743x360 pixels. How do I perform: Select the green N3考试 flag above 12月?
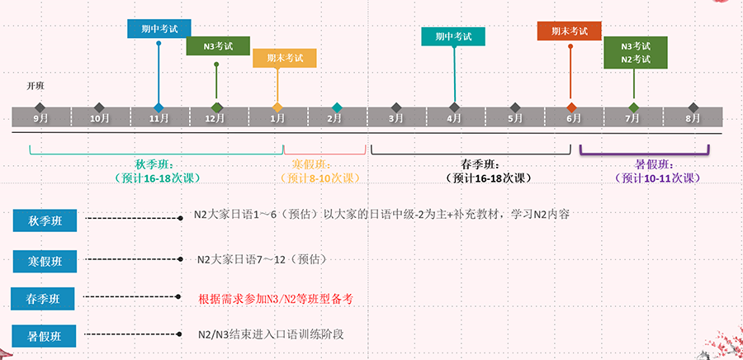pyautogui.click(x=217, y=46)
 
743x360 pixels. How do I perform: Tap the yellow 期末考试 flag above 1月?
pyautogui.click(x=284, y=59)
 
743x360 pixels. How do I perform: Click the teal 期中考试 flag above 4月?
pyautogui.click(x=453, y=36)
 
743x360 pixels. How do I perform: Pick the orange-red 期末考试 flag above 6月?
pyautogui.click(x=570, y=31)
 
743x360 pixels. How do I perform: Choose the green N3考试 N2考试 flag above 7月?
pyautogui.click(x=636, y=52)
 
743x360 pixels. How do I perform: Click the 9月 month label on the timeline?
pyautogui.click(x=40, y=119)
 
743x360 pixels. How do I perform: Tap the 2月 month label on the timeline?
pyautogui.click(x=334, y=119)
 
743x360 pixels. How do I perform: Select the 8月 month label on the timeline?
pyautogui.click(x=693, y=119)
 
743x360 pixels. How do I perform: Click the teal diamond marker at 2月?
pyautogui.click(x=337, y=107)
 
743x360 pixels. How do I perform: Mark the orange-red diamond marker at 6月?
pyautogui.click(x=571, y=107)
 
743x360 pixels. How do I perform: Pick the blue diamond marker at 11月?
pyautogui.click(x=159, y=107)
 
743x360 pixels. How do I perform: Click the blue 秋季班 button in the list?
pyautogui.click(x=45, y=220)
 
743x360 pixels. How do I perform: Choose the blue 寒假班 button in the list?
pyautogui.click(x=45, y=261)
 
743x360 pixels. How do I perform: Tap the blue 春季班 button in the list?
pyautogui.click(x=43, y=298)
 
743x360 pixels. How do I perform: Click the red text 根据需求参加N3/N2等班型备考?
pyautogui.click(x=276, y=298)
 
